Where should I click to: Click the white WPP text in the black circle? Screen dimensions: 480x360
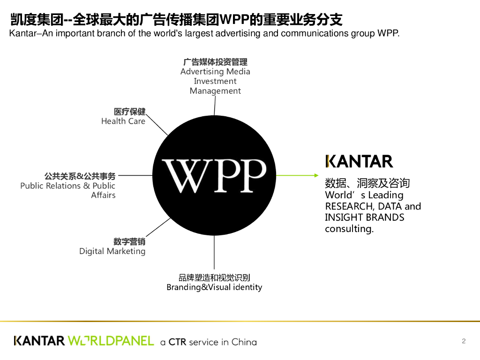(214, 176)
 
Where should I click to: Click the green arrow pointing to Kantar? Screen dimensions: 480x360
(297, 175)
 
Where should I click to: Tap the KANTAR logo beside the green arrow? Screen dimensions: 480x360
(359, 161)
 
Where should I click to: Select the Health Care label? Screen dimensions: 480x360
(123, 121)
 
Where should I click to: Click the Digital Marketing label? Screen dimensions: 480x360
(112, 251)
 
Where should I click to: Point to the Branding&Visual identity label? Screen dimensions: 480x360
(214, 287)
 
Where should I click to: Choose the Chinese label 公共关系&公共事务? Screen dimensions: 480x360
(80, 176)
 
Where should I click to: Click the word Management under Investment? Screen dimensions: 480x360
(215, 91)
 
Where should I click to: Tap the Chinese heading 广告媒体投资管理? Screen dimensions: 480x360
(215, 62)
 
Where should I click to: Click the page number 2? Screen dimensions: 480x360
(464, 341)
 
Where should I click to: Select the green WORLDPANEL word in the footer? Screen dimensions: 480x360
(111, 341)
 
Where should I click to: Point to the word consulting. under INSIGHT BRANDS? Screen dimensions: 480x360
(349, 229)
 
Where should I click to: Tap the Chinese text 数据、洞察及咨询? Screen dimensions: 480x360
(367, 183)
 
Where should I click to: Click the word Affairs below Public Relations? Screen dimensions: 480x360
(103, 195)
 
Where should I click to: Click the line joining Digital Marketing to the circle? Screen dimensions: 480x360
(158, 227)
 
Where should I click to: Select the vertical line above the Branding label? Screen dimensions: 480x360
(214, 253)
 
